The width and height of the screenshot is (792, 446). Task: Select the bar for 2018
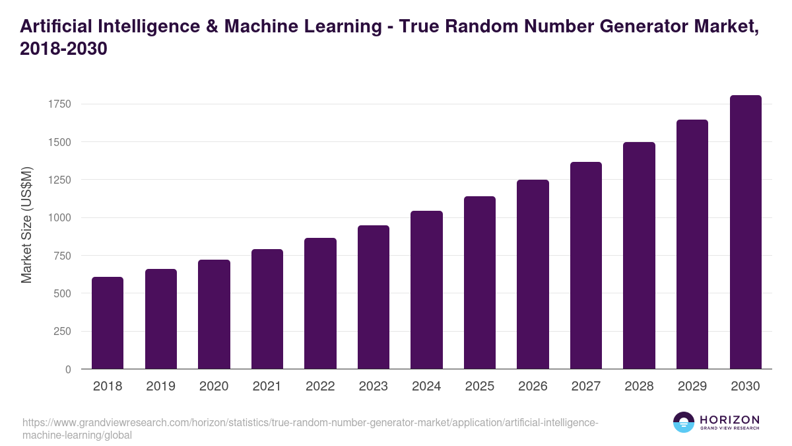(x=108, y=323)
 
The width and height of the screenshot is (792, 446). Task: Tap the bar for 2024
(x=426, y=290)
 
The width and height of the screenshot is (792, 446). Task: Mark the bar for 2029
(x=692, y=244)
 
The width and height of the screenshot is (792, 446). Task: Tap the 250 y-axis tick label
(x=63, y=332)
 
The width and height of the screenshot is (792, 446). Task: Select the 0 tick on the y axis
(x=68, y=370)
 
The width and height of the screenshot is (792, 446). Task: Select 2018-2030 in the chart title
(x=63, y=50)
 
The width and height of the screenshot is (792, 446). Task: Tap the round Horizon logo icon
(x=684, y=422)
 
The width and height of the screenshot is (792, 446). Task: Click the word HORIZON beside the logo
(x=729, y=420)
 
